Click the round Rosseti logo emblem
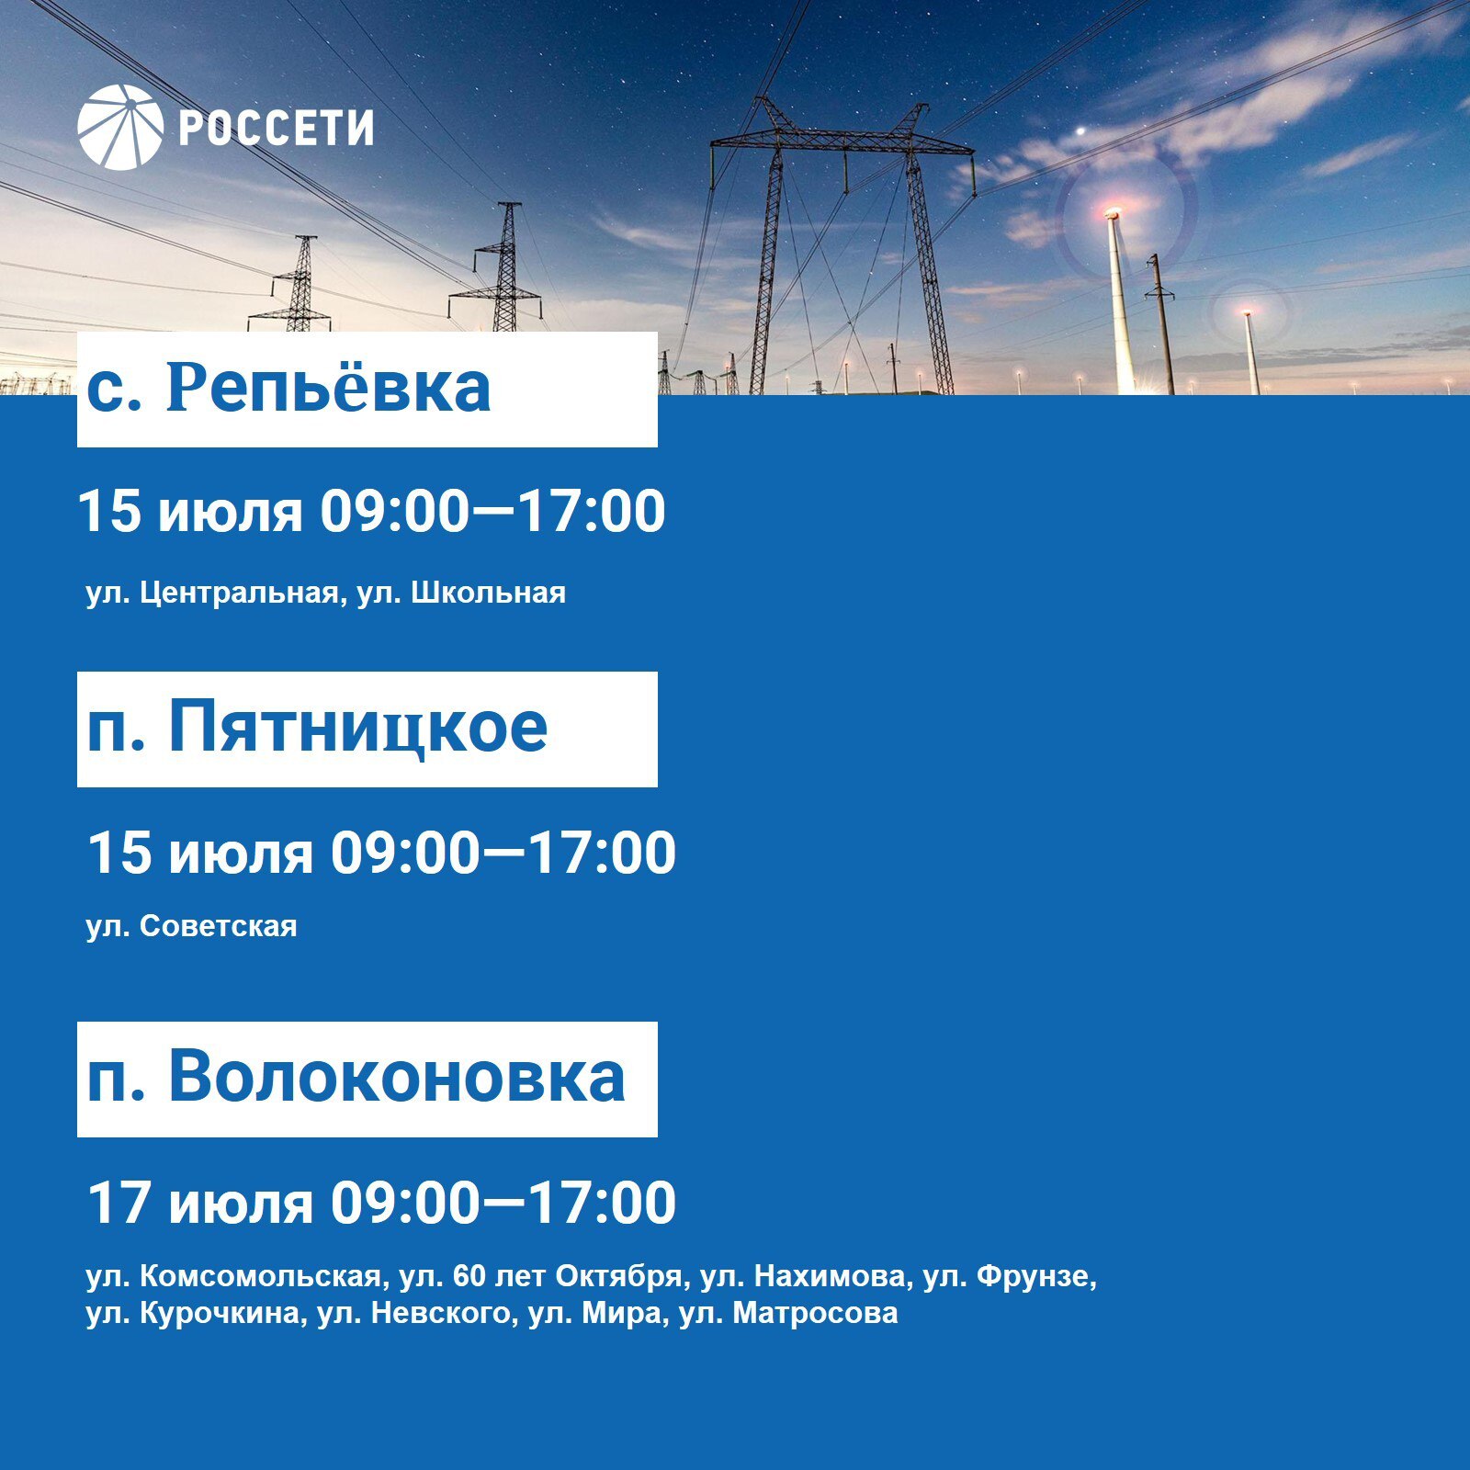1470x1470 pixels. (x=120, y=128)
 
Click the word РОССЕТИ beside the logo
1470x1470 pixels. (x=276, y=128)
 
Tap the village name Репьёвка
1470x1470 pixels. (x=329, y=387)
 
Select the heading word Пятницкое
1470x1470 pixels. (x=357, y=728)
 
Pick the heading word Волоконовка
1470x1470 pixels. (x=396, y=1076)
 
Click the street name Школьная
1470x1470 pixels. (x=489, y=593)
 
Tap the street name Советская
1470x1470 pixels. (x=219, y=926)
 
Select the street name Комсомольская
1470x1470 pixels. (x=260, y=1276)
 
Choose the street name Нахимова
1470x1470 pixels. (x=829, y=1276)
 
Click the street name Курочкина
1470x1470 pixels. (x=220, y=1313)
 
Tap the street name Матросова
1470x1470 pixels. (x=816, y=1313)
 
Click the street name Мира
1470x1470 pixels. (x=622, y=1313)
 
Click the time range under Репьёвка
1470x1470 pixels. (x=492, y=512)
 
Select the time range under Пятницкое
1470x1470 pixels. (x=503, y=854)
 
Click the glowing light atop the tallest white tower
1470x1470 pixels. (x=1113, y=213)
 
